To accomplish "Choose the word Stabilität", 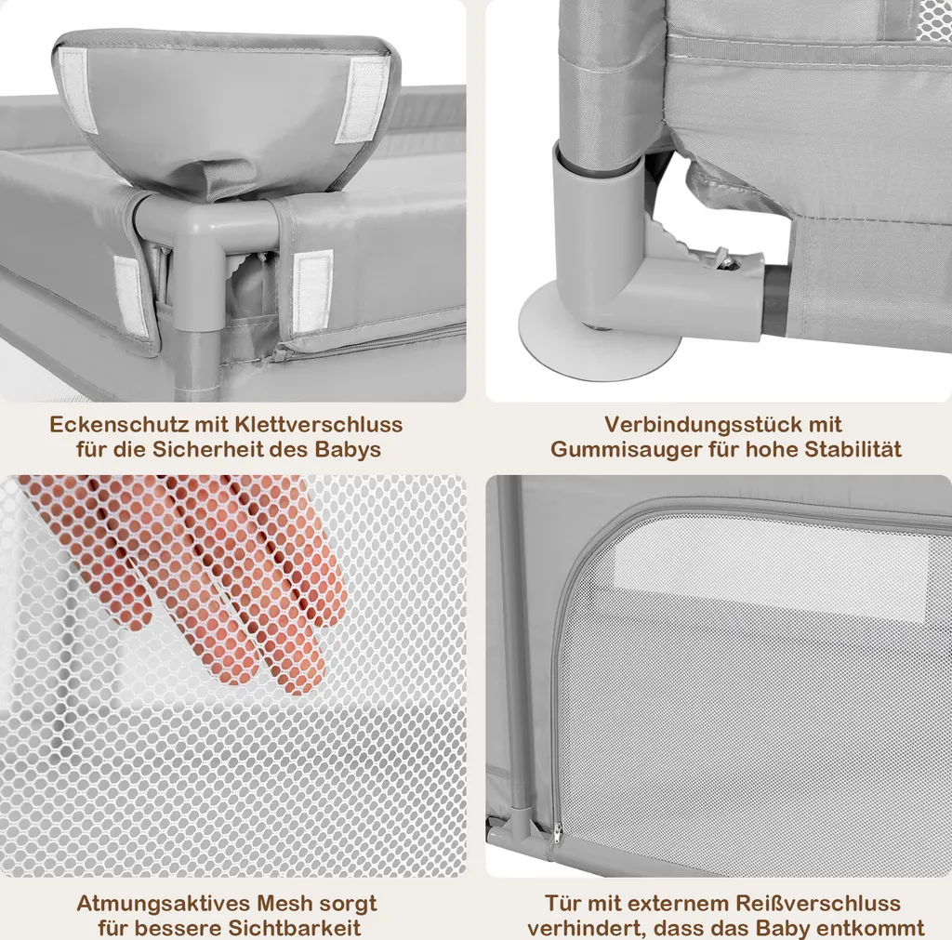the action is (853, 449).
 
